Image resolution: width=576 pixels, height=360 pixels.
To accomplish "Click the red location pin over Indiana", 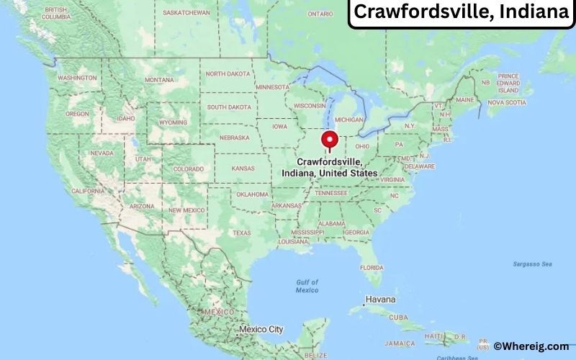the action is tap(330, 140).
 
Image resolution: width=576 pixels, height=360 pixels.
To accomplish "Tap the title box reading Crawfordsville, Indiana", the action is tap(462, 14).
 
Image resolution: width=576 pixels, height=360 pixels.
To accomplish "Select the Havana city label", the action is tap(381, 299).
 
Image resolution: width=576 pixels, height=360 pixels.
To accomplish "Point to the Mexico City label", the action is tap(261, 330).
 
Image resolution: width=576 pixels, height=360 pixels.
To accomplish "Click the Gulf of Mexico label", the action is tap(307, 286).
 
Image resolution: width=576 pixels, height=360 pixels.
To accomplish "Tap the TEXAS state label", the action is tap(242, 233).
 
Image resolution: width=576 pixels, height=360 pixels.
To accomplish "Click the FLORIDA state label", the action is tap(372, 268).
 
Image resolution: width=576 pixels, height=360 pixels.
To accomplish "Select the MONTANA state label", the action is tap(159, 79).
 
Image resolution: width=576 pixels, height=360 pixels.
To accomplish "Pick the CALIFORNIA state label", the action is tap(88, 191).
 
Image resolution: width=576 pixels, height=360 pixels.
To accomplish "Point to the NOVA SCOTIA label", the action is tap(506, 102).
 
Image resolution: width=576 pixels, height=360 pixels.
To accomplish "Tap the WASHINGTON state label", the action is tap(77, 78).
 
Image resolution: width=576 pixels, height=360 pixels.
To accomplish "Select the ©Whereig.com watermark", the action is tap(531, 346).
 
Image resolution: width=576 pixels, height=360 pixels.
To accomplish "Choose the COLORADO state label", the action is tap(189, 169).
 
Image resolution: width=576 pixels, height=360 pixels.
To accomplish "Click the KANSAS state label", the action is tap(243, 168).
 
